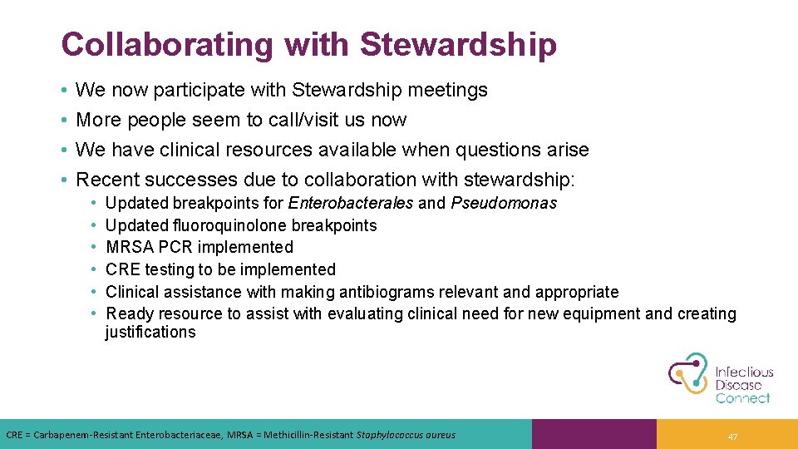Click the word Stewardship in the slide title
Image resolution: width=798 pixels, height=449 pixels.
click(458, 45)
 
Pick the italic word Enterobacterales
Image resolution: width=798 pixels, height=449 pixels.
click(350, 203)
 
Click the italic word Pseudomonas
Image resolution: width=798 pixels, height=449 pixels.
click(504, 203)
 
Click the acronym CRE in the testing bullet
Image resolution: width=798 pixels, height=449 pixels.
click(123, 269)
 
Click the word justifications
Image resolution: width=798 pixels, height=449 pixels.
click(150, 333)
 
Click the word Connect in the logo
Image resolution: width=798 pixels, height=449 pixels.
click(743, 398)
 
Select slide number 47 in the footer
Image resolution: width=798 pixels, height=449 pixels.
click(732, 437)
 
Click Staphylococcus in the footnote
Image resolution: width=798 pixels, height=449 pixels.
click(387, 435)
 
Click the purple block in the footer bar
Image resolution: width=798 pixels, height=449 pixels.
click(594, 434)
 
